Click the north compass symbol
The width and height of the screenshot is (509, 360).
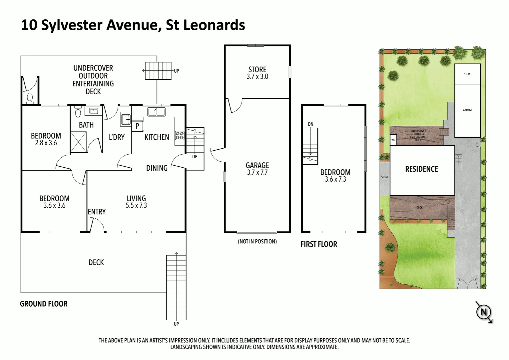coord(484,312)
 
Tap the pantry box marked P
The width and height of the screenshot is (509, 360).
coord(137,126)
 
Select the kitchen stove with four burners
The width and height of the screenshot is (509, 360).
coord(180,136)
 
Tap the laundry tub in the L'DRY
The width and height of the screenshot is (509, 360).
coord(126,119)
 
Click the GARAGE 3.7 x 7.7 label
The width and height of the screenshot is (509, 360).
coord(257,169)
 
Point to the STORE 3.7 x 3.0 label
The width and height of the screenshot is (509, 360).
coord(257,73)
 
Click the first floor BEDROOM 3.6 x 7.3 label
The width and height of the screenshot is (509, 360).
coord(335,176)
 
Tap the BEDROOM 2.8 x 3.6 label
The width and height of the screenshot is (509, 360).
coord(46,139)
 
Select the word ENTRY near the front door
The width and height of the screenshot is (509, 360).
coord(97,212)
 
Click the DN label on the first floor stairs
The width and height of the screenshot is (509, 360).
coord(310,124)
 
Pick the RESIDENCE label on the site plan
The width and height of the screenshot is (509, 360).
coord(421,169)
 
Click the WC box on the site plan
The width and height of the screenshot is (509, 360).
coord(393,140)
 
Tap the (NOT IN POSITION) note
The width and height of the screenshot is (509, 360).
coord(257,241)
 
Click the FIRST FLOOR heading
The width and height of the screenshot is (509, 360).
coord(319,244)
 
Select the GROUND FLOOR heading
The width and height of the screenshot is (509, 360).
coord(44,304)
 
